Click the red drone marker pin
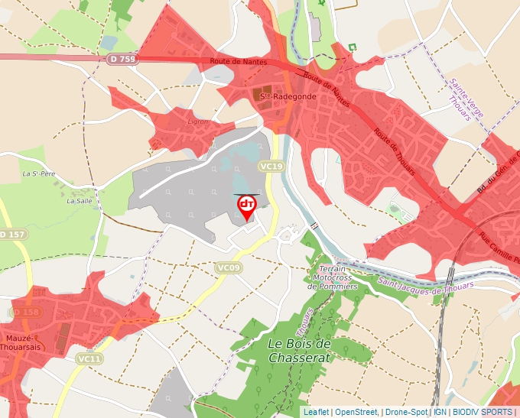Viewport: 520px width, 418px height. click(246, 207)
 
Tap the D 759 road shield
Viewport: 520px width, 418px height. click(122, 58)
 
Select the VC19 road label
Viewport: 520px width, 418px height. click(271, 166)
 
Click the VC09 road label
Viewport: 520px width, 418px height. click(229, 267)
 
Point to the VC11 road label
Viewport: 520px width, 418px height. click(89, 358)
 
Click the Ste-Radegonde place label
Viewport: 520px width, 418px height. click(278, 96)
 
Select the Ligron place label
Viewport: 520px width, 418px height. click(197, 122)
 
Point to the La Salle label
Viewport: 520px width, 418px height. click(79, 202)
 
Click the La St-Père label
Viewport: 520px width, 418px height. click(37, 173)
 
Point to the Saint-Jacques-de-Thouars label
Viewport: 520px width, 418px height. click(424, 284)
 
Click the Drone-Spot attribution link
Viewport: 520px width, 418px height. click(406, 412)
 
